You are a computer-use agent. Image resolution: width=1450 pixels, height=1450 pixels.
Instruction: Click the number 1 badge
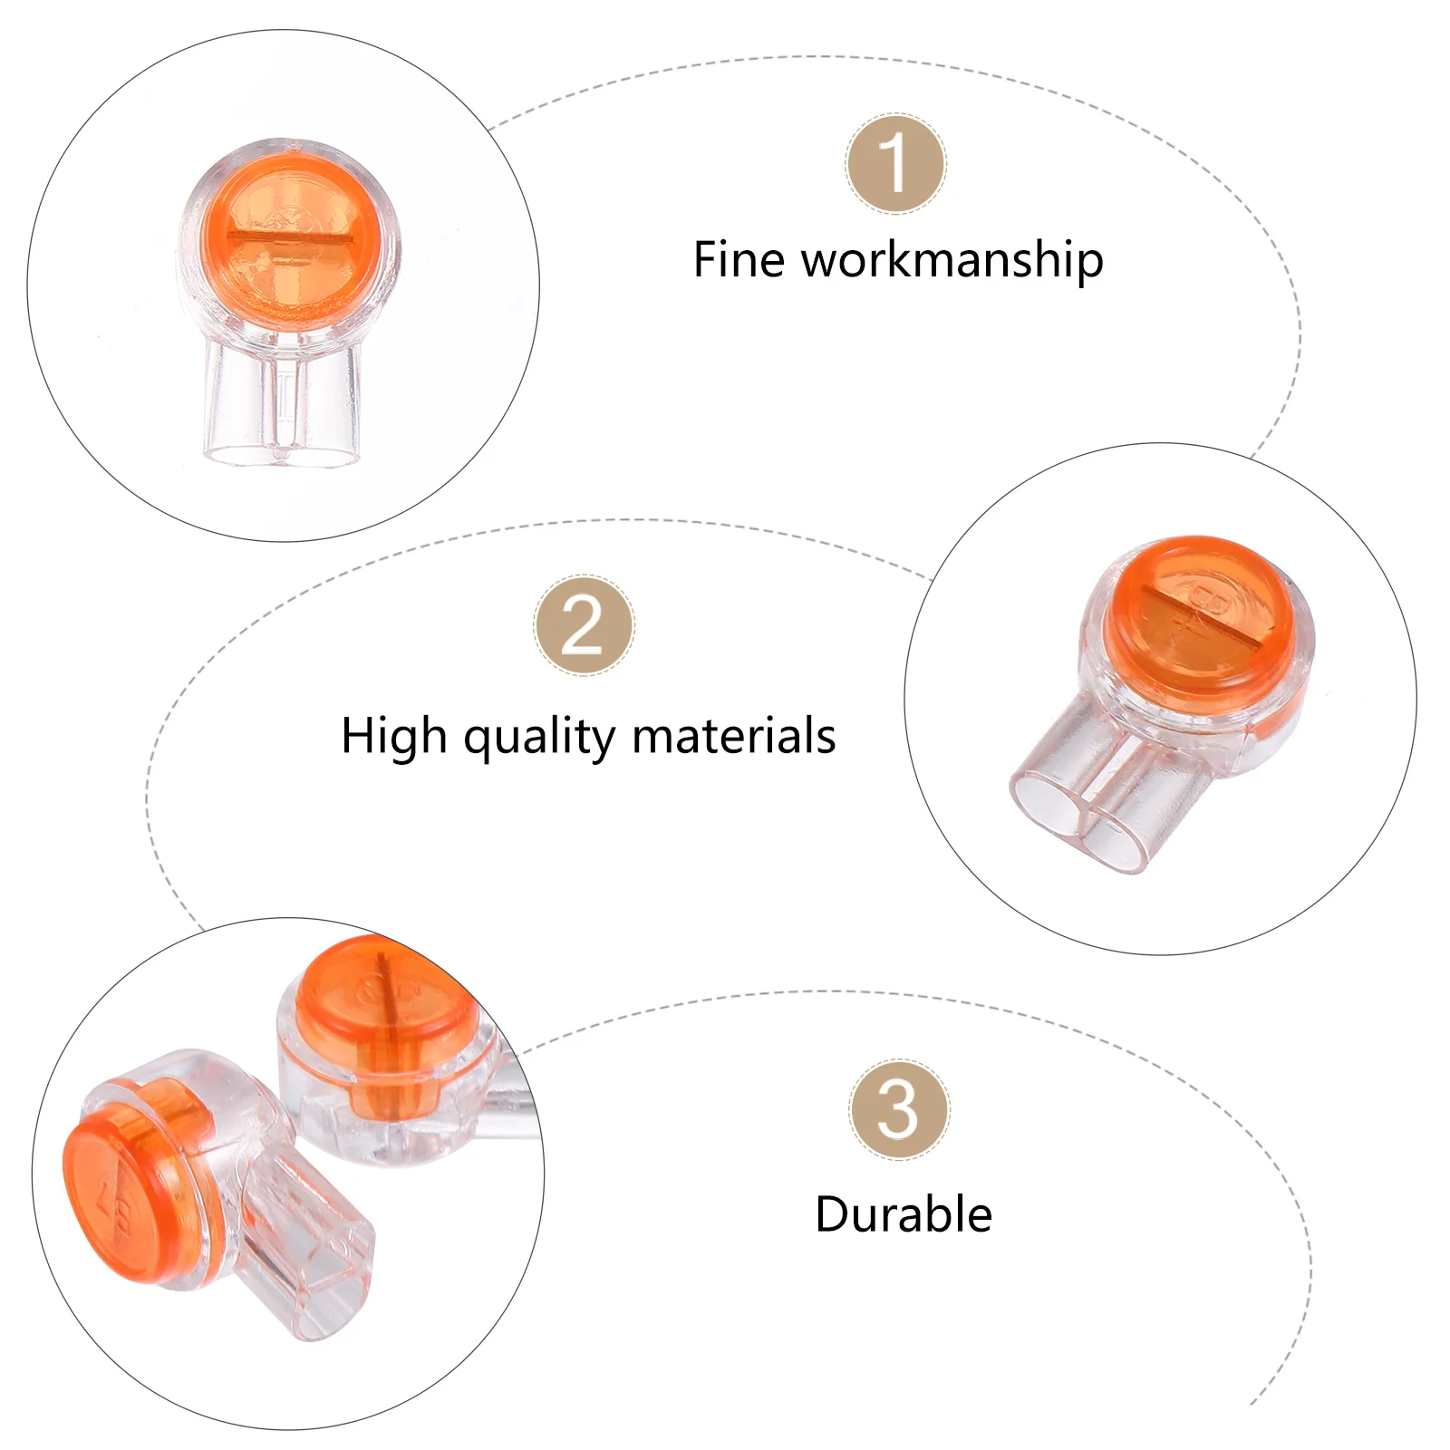click(896, 164)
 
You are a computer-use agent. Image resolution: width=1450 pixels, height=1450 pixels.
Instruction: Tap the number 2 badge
click(584, 625)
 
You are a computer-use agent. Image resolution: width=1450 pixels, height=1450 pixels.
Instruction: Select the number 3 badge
click(898, 1109)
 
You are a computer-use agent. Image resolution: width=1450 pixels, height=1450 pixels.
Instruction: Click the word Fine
click(739, 260)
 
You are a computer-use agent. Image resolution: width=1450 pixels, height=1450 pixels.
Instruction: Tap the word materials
click(733, 736)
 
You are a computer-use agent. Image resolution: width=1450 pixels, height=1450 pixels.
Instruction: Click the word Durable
click(904, 1214)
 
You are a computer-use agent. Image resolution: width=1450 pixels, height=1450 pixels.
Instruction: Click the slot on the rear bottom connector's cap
click(383, 997)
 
